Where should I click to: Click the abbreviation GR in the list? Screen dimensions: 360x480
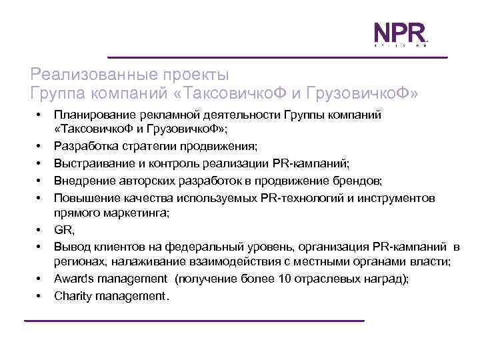coord(63,231)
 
